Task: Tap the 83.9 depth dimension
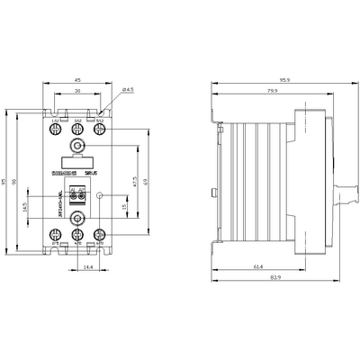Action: coord(259,281)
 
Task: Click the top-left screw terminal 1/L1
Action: coord(55,129)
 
